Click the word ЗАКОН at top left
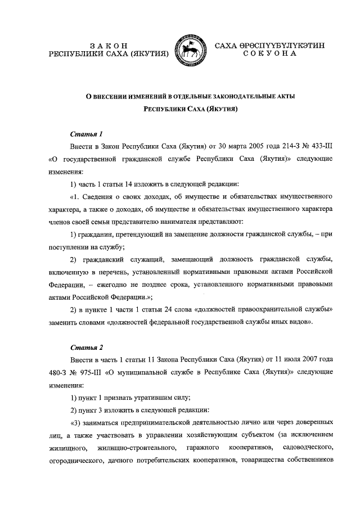(x=109, y=45)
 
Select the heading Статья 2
(x=85, y=348)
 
